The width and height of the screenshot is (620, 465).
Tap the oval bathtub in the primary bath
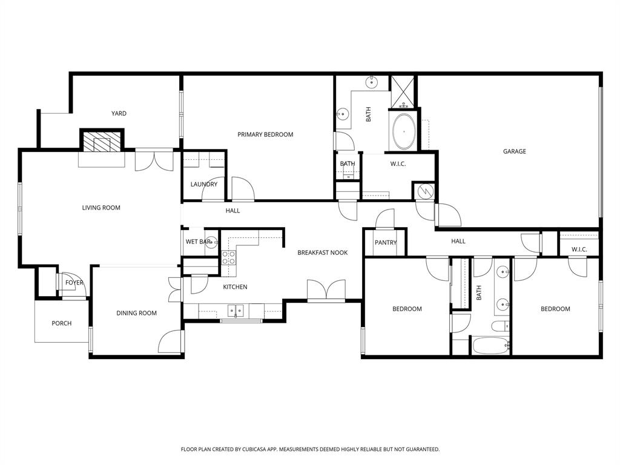[403, 131]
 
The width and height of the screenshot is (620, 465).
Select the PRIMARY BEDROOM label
[265, 134]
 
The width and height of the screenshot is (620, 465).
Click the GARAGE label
[514, 151]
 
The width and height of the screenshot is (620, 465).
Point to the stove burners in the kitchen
[228, 258]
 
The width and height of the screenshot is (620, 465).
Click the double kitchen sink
[236, 311]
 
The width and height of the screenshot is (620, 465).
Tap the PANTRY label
[385, 243]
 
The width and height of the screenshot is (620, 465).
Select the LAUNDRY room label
[203, 184]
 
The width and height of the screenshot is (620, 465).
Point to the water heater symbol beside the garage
[424, 191]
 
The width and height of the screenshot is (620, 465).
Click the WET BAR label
[198, 242]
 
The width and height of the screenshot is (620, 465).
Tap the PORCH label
[61, 323]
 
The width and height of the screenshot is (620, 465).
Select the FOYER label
[74, 283]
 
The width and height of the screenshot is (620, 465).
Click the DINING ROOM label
[136, 313]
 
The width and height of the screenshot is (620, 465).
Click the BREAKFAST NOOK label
[322, 252]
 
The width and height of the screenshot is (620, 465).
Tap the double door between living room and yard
[156, 160]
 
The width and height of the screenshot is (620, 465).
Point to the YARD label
[119, 113]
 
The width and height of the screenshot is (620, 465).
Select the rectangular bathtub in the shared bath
[491, 346]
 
